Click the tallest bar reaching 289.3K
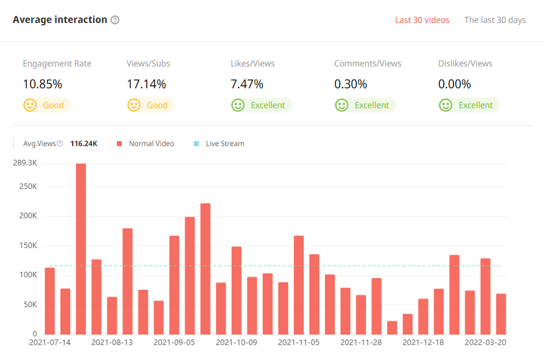(81, 249)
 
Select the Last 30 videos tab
(422, 20)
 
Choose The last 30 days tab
(495, 20)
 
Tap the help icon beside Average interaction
(115, 20)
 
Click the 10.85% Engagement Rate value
(42, 84)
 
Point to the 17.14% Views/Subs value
(146, 84)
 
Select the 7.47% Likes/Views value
(247, 84)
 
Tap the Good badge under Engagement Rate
(47, 105)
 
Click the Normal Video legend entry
(146, 144)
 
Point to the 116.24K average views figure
(84, 144)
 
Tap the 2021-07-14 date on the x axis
(50, 342)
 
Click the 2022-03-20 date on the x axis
(485, 342)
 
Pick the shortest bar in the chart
(392, 328)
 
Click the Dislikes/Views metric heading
(465, 63)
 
